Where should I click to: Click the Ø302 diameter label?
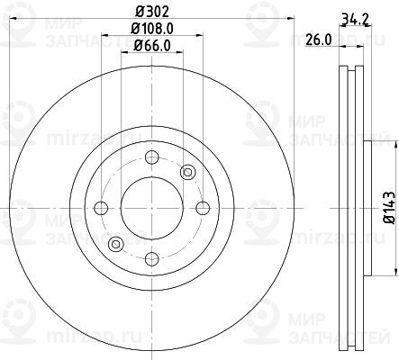[x=152, y=12]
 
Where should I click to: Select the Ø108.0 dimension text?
[x=152, y=29]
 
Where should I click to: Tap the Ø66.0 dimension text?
[x=152, y=46]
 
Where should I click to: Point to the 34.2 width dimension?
[x=355, y=20]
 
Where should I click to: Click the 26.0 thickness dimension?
[x=318, y=40]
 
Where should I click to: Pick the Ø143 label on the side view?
[x=389, y=208]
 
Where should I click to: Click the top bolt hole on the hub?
[x=152, y=157]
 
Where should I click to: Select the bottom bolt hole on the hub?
[x=152, y=259]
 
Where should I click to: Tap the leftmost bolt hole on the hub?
[x=101, y=208]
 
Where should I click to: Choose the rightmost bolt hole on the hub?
[x=203, y=208]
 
